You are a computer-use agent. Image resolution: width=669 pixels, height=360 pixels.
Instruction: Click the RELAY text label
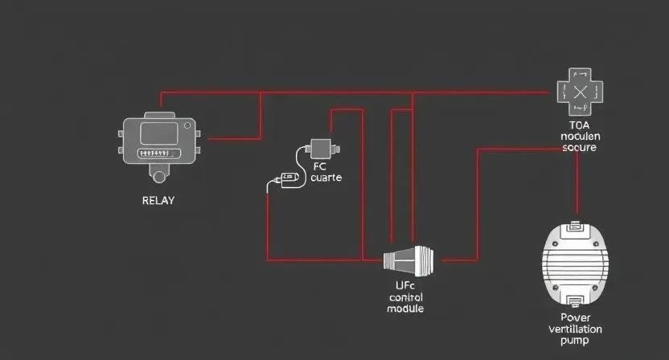[158, 200]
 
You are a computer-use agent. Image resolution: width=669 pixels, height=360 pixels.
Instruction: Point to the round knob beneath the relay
[158, 175]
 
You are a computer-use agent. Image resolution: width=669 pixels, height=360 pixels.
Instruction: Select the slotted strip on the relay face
[157, 153]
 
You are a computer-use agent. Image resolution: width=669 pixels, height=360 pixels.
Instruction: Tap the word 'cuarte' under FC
[326, 178]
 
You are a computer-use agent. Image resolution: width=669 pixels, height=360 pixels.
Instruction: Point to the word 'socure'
[579, 148]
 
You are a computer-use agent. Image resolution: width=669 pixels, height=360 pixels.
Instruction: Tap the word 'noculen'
[579, 137]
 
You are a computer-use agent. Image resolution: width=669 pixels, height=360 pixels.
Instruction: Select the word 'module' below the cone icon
[405, 309]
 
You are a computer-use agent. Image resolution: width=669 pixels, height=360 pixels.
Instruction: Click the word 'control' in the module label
[405, 297]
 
